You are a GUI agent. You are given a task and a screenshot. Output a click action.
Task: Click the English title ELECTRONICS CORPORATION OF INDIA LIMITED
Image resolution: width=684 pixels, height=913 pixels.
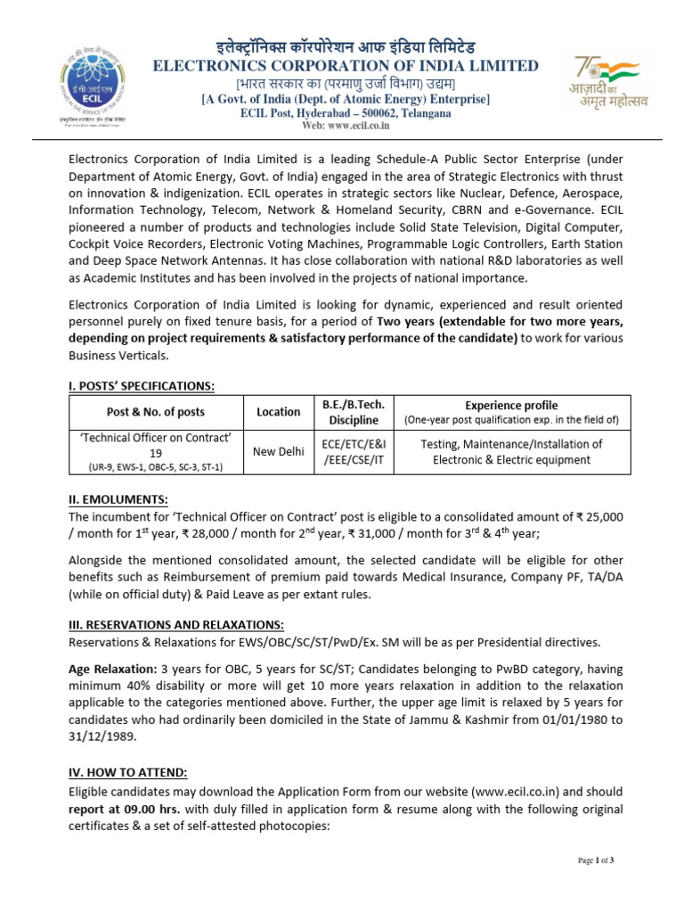tap(346, 66)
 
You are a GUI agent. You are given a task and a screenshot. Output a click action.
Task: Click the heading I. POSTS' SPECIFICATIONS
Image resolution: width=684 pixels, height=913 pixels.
tap(142, 385)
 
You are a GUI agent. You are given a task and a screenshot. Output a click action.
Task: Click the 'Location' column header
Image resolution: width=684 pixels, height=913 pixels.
tap(278, 412)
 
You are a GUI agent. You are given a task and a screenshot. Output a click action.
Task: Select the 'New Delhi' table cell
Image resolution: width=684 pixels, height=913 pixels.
tap(279, 452)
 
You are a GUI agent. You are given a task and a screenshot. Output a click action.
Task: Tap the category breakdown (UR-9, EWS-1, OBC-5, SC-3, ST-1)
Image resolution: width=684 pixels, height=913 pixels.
tap(156, 467)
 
